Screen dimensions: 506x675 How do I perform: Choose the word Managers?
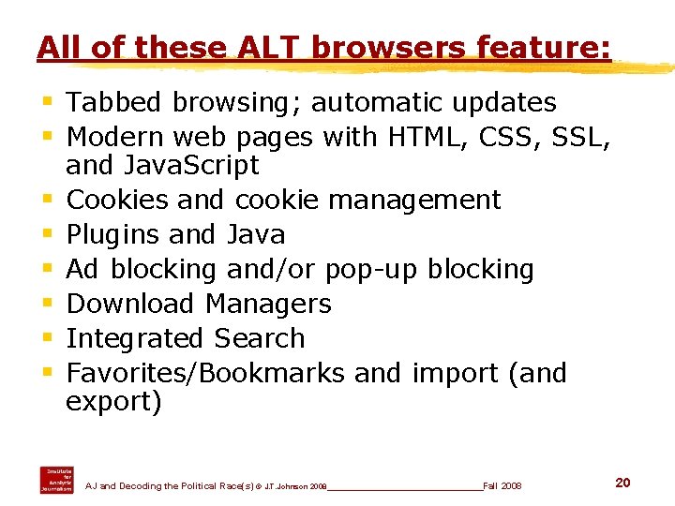pos(267,304)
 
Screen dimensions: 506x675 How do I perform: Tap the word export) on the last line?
pos(113,402)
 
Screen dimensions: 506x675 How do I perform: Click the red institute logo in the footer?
pos(56,479)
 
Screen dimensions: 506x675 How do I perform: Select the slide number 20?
pos(622,483)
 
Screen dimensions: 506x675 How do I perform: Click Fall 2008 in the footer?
pos(502,486)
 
